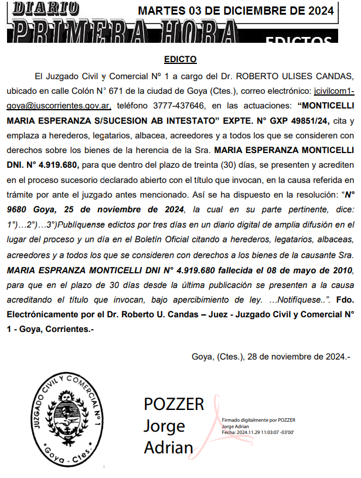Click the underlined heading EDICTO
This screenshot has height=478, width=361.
click(x=180, y=59)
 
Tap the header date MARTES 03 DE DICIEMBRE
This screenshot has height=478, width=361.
click(x=236, y=11)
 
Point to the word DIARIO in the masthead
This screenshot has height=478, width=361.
click(x=46, y=8)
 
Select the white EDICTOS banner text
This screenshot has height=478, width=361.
click(x=298, y=41)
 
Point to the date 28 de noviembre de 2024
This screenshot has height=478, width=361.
click(x=299, y=356)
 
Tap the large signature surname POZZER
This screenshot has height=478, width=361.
click(x=174, y=404)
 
